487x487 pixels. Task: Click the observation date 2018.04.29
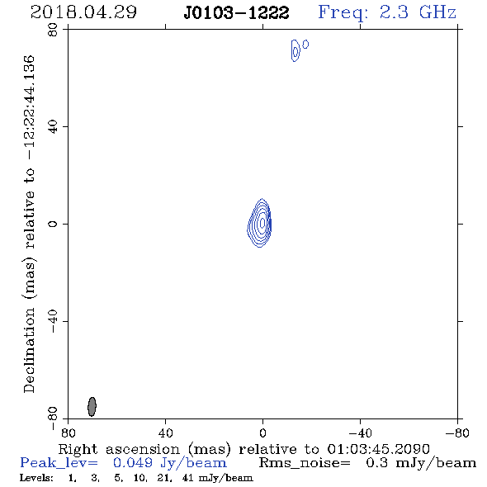click(x=83, y=12)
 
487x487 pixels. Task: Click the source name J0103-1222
click(x=236, y=13)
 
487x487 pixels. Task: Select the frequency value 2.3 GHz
click(x=418, y=12)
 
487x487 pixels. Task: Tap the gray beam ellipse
click(x=92, y=406)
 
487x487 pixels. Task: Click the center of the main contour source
click(x=262, y=223)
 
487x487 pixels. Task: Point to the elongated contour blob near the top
click(x=296, y=50)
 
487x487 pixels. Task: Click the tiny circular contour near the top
click(x=306, y=45)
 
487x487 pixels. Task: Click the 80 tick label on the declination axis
click(x=53, y=30)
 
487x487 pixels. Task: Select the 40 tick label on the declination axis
click(x=53, y=127)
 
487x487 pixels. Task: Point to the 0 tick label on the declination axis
click(x=53, y=224)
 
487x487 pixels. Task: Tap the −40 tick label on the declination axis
click(x=53, y=321)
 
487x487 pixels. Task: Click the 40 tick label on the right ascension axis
click(x=165, y=433)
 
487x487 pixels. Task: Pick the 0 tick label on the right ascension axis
click(x=262, y=433)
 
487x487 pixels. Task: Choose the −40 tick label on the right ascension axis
click(x=360, y=433)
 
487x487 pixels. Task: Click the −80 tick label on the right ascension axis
click(x=457, y=433)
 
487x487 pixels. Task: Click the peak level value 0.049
click(x=133, y=463)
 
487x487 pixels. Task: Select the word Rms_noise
click(x=305, y=463)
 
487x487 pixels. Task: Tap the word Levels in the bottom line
click(x=36, y=478)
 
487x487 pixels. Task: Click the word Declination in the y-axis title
click(x=29, y=350)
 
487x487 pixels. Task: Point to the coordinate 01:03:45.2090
click(x=378, y=449)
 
